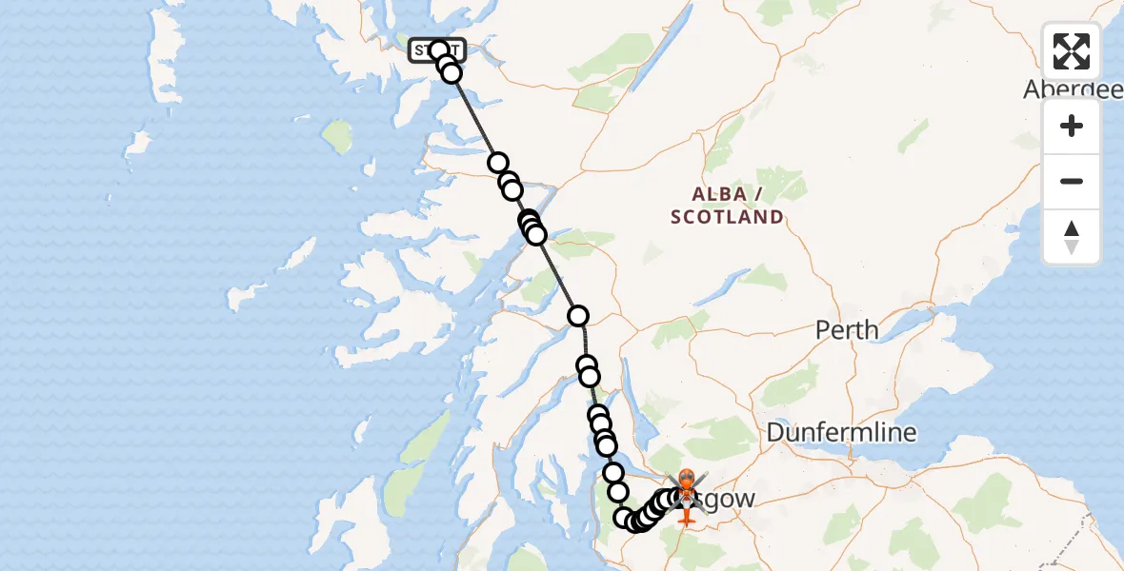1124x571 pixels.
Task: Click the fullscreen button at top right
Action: tap(1072, 51)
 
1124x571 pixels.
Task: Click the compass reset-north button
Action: tap(1072, 237)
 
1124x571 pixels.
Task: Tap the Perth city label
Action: tap(847, 330)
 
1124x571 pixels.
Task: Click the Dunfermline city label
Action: tap(841, 433)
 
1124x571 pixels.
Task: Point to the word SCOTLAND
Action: tap(727, 217)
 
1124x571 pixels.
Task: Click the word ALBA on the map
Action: tap(719, 194)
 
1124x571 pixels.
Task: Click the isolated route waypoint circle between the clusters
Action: tap(577, 316)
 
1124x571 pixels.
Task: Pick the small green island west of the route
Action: tap(337, 135)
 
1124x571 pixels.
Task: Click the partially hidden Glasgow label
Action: tap(729, 499)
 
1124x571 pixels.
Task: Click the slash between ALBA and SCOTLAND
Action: tap(758, 194)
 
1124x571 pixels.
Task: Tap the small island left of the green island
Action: tap(139, 144)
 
